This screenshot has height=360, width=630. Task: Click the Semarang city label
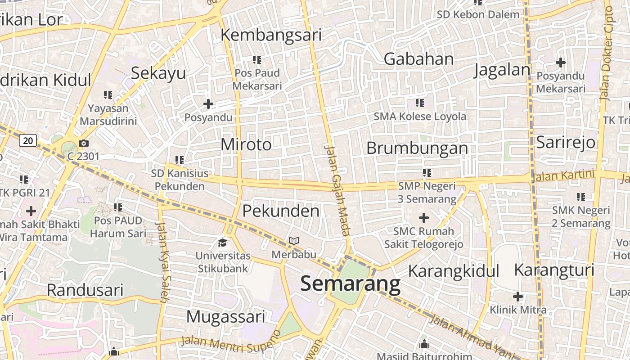tap(350, 284)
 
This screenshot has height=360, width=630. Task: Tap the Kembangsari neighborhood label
tap(271, 35)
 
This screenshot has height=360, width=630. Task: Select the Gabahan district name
tap(418, 59)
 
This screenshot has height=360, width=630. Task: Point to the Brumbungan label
tap(417, 148)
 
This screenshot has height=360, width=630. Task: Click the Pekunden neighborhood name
tap(281, 211)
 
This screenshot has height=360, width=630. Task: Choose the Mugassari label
tap(225, 316)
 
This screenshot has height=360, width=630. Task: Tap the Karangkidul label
tap(454, 271)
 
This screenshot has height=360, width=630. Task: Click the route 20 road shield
tap(28, 140)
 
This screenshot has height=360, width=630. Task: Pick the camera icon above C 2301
tap(84, 144)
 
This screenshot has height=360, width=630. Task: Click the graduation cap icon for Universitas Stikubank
tap(223, 243)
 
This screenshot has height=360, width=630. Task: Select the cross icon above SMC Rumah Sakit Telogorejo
tap(423, 218)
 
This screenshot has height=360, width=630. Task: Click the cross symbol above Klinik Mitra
tap(518, 297)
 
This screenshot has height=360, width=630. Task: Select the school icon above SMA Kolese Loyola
tap(420, 103)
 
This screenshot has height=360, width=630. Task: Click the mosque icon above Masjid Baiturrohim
tap(424, 345)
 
